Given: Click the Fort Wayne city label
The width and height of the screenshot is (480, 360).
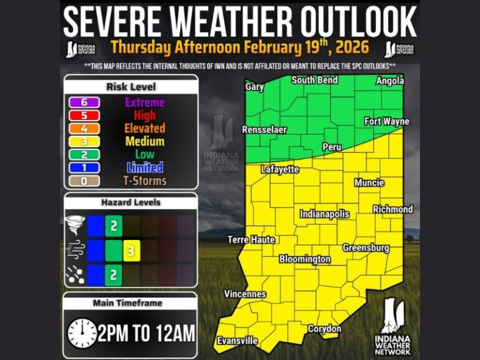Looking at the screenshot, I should pyautogui.click(x=386, y=121).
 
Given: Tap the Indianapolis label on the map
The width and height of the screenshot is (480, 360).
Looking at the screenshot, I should pyautogui.click(x=324, y=214).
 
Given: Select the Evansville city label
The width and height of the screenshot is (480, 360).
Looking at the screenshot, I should pyautogui.click(x=237, y=341).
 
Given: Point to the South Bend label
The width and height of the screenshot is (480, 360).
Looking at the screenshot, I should pyautogui.click(x=314, y=80).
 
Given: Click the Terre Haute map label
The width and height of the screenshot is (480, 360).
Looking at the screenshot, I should pyautogui.click(x=251, y=239).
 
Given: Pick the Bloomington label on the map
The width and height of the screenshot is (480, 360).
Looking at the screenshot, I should pyautogui.click(x=305, y=259).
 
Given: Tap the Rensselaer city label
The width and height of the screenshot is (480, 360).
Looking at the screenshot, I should pyautogui.click(x=264, y=130).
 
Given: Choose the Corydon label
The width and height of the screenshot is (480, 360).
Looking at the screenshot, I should pyautogui.click(x=325, y=329).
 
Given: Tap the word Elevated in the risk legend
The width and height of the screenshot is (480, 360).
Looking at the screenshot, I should pyautogui.click(x=144, y=128).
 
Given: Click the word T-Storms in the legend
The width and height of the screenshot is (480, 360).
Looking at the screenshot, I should pyautogui.click(x=144, y=181).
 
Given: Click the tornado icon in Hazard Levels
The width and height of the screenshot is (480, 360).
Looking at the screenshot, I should pyautogui.click(x=75, y=225).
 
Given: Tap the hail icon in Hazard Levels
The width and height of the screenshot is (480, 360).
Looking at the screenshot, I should pyautogui.click(x=75, y=274).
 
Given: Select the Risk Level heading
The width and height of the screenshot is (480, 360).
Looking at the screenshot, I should pyautogui.click(x=131, y=87).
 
